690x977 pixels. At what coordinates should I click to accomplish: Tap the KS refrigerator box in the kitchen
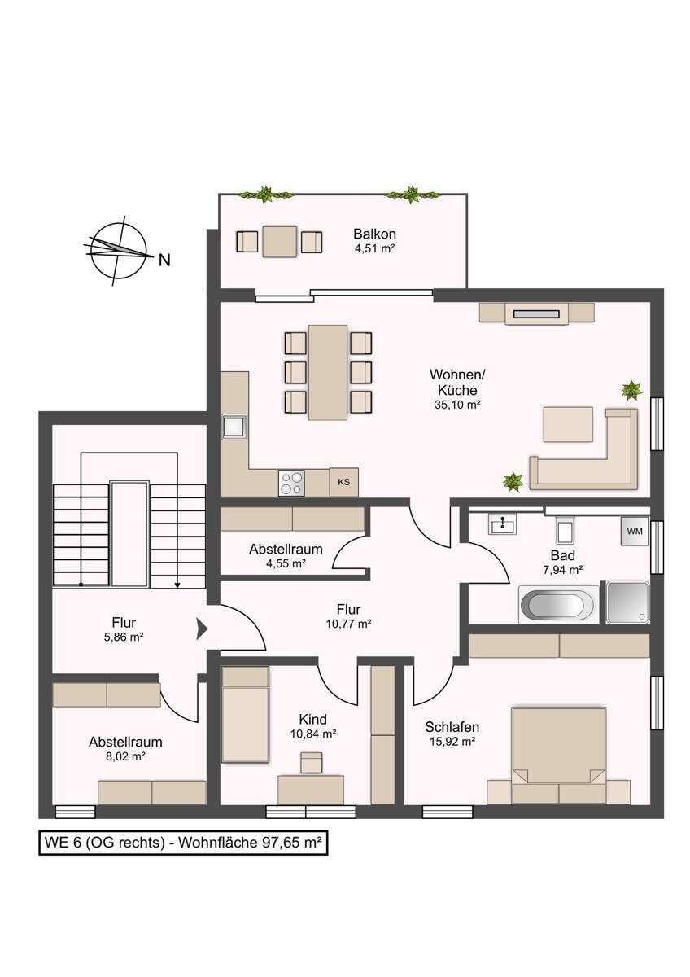pos(343,482)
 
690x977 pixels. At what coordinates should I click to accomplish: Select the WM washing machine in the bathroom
pos(635,532)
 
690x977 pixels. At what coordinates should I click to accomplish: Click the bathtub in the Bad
pos(557,604)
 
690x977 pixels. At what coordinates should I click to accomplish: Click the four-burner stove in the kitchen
pos(291,483)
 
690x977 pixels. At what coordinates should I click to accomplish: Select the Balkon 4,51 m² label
pos(374,241)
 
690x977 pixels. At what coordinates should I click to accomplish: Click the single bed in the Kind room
pos(246,715)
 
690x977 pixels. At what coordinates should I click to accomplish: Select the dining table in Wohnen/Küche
pos(328,371)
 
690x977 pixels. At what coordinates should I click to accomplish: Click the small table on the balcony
pos(279,241)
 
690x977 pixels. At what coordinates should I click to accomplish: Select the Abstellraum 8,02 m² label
pos(125,749)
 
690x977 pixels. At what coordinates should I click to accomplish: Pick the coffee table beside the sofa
pos(568,424)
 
